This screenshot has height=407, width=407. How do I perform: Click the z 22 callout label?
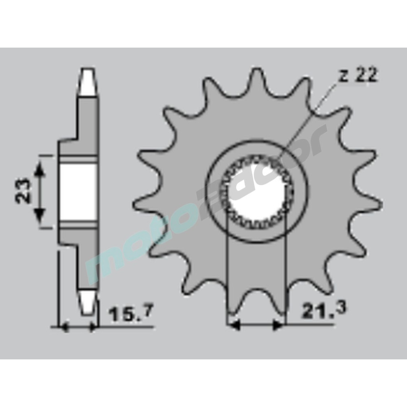358,76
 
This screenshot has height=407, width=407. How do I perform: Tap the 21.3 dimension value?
324,311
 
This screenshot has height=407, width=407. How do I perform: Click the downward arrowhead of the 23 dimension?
39,215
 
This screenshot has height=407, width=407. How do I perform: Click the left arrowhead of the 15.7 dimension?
64,328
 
